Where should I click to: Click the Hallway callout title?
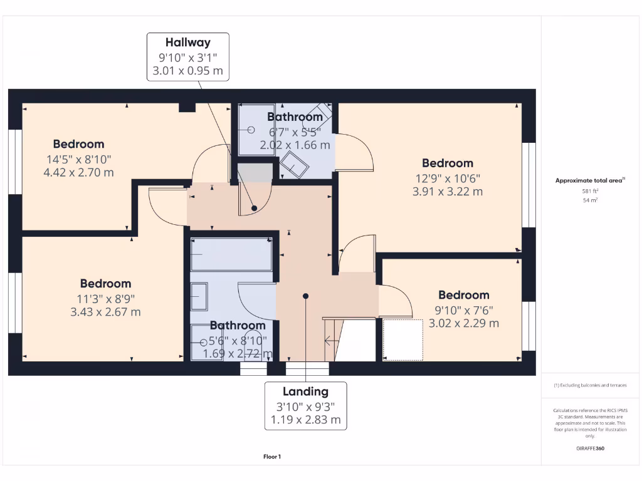pyautogui.click(x=187, y=43)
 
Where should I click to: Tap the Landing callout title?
pyautogui.click(x=305, y=391)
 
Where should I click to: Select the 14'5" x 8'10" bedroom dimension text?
pyautogui.click(x=78, y=159)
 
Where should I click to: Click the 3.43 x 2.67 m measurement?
pyautogui.click(x=105, y=311)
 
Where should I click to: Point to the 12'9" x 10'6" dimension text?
pyautogui.click(x=447, y=178)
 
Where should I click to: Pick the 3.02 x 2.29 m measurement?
pyautogui.click(x=463, y=323)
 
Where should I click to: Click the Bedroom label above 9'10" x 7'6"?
pyautogui.click(x=463, y=295)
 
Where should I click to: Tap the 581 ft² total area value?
pyautogui.click(x=589, y=191)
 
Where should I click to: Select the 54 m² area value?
pyautogui.click(x=589, y=200)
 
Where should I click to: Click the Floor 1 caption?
pyautogui.click(x=272, y=457)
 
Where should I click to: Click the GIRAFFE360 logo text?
pyautogui.click(x=590, y=448)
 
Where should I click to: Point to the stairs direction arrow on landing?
pyautogui.click(x=330, y=341)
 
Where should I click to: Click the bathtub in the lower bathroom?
pyautogui.click(x=231, y=254)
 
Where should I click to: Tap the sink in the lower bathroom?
pyautogui.click(x=199, y=296)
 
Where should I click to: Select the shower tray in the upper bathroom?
pyautogui.click(x=256, y=130)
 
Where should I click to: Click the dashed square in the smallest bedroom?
pyautogui.click(x=403, y=339)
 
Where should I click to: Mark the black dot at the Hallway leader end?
pyautogui.click(x=254, y=208)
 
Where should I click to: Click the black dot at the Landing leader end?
pyautogui.click(x=305, y=296)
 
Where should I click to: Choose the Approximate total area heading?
pyautogui.click(x=590, y=180)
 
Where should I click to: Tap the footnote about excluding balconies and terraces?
pyautogui.click(x=590, y=385)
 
